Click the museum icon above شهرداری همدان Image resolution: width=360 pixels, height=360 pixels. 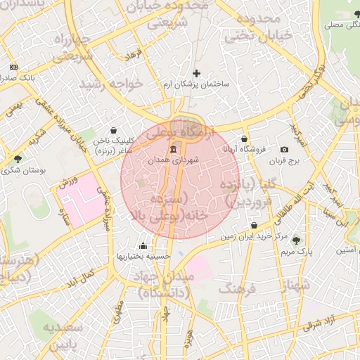click(x=173, y=149)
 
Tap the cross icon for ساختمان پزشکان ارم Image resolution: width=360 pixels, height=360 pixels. click(x=196, y=73)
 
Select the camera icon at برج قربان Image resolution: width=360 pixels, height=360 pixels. click(x=284, y=149)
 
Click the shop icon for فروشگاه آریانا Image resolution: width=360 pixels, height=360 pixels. click(x=244, y=139)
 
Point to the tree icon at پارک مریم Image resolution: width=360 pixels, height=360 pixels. click(x=295, y=240)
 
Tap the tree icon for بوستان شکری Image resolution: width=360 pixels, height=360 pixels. click(x=18, y=159)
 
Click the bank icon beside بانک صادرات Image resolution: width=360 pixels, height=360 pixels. click(x=13, y=67)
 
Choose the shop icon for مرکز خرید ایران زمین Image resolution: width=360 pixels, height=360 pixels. click(x=254, y=225)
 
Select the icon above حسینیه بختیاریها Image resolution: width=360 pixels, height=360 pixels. click(x=143, y=246)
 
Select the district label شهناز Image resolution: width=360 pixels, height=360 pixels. click(x=295, y=285)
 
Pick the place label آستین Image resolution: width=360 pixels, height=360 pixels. click(x=344, y=250)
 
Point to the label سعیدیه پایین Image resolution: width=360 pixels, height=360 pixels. click(x=63, y=335)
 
